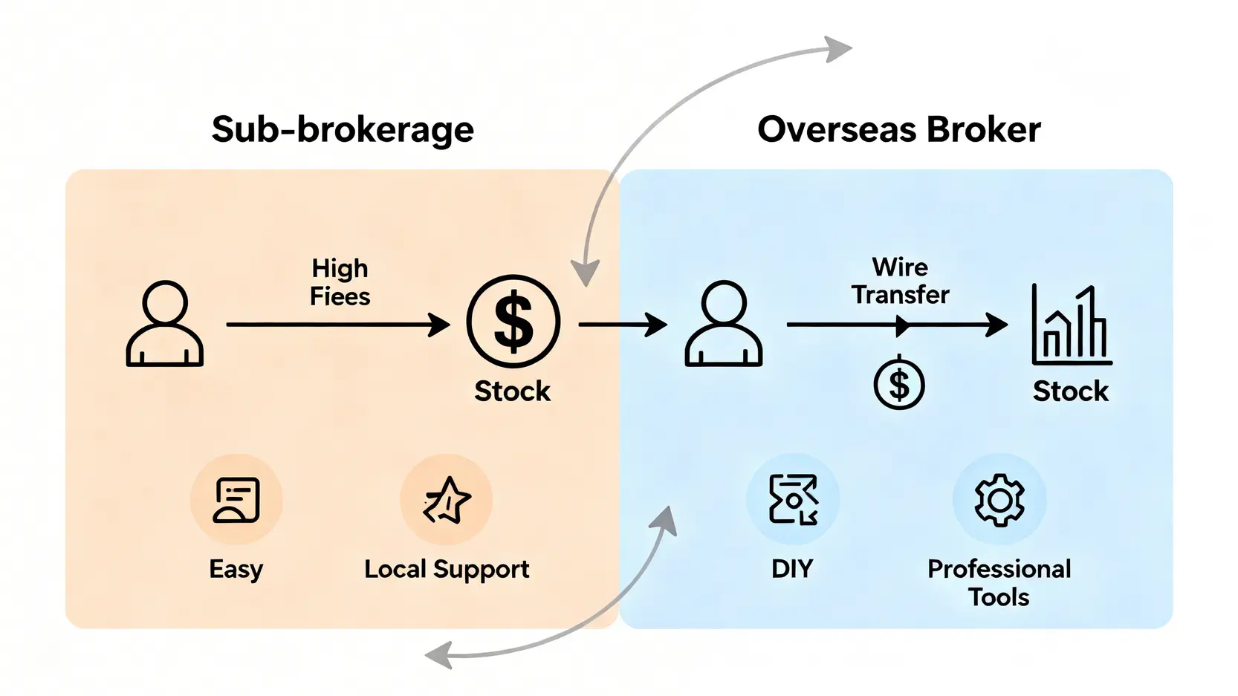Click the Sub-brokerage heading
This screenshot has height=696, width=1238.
click(x=343, y=130)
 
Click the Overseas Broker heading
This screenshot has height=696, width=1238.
click(x=898, y=130)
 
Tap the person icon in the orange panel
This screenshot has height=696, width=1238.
click(x=165, y=324)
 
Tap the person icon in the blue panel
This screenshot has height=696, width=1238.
click(x=723, y=324)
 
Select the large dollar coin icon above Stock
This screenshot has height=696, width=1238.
click(x=513, y=322)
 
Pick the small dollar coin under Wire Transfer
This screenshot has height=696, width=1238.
click(x=899, y=384)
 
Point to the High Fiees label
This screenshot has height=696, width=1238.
click(x=340, y=282)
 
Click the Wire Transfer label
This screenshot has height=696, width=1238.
click(x=900, y=281)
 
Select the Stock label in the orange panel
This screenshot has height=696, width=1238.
click(x=512, y=391)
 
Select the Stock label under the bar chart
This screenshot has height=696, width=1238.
click(x=1070, y=391)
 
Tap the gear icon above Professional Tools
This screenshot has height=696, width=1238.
click(x=999, y=500)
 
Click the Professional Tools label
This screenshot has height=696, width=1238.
click(x=999, y=582)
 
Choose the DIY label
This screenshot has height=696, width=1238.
click(x=792, y=569)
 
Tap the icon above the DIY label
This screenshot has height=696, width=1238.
click(x=793, y=499)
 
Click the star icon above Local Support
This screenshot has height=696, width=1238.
click(x=447, y=500)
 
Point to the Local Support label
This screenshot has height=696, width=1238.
click(x=447, y=569)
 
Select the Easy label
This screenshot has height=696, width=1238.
click(x=236, y=569)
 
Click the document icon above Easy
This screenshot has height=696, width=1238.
click(x=236, y=500)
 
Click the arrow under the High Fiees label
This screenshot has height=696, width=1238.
click(x=338, y=325)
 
